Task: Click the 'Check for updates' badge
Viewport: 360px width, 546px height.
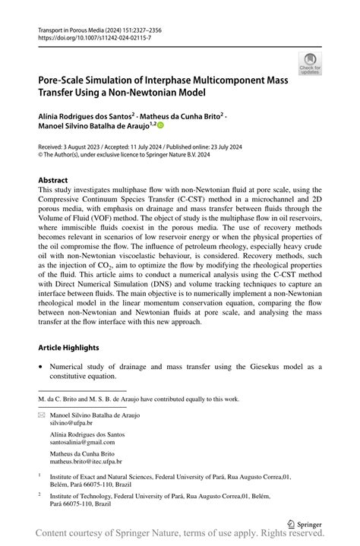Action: [x=310, y=64]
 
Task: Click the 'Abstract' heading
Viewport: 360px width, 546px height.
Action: [x=52, y=180]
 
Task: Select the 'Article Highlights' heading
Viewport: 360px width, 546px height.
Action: [x=69, y=347]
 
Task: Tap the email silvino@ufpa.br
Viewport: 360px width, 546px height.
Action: [x=71, y=424]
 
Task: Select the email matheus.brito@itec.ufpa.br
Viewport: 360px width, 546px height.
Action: [x=86, y=461]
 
